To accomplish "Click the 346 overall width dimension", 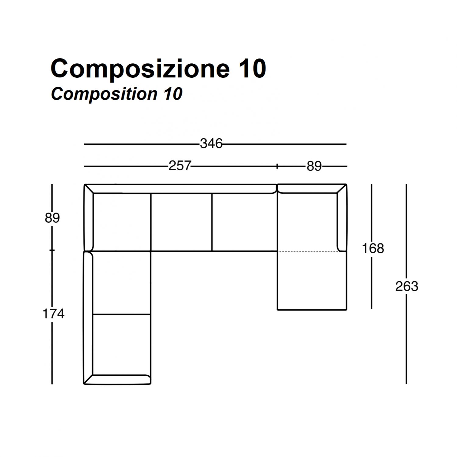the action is coord(211,143).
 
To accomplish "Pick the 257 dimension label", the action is coord(180,166).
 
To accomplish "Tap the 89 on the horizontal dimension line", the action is coord(314,166).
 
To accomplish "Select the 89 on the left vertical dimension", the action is coord(52,218).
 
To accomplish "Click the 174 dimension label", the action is coord(54,314).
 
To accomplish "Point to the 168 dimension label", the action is coord(373,249).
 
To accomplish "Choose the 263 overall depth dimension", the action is coord(407,286).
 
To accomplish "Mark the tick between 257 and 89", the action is coord(277,166).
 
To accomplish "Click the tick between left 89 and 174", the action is coord(52,250).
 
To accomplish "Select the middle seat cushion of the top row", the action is coord(181,222).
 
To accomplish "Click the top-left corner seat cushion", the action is coord(122,222).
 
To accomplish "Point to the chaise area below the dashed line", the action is coord(312,281).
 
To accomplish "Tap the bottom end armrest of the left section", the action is coord(117,379).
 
